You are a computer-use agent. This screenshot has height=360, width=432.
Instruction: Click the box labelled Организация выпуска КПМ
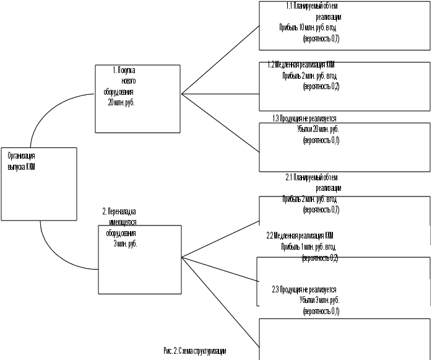point(38,183)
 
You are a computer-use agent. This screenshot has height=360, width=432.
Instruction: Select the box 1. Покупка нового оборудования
point(137,98)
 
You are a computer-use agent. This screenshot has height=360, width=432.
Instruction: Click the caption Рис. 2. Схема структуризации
point(195,351)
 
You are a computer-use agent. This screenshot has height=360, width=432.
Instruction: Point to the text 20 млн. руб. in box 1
point(121,103)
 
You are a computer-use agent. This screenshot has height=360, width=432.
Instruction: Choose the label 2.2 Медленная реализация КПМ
point(300,236)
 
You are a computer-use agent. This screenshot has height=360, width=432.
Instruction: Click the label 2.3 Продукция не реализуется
point(304,289)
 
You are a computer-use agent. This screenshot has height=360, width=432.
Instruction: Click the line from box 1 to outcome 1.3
point(220,124)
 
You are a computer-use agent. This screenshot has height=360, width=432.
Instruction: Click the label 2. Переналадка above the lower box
point(119,211)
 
